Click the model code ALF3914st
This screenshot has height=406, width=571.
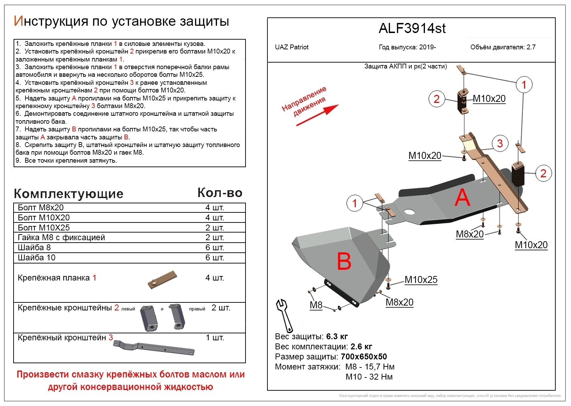click(x=412, y=29)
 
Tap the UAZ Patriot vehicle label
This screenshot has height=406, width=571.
click(x=291, y=47)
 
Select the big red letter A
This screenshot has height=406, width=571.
click(x=462, y=198)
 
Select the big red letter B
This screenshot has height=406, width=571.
click(x=344, y=261)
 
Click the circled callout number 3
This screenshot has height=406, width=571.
click(x=500, y=143)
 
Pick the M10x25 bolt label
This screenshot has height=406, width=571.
click(x=421, y=280)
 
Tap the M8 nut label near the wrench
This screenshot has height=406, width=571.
click(x=316, y=305)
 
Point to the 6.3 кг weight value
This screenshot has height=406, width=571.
click(x=337, y=336)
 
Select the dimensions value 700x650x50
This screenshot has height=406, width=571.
click(x=364, y=357)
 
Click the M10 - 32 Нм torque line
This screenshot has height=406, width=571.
click(x=369, y=377)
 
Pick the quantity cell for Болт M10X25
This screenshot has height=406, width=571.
click(x=215, y=228)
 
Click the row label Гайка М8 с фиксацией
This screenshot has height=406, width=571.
click(x=61, y=237)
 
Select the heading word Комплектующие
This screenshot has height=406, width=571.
click(x=69, y=194)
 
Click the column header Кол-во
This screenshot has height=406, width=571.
click(x=220, y=193)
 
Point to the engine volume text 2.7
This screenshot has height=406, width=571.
click(x=531, y=47)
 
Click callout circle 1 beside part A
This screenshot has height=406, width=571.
click(x=354, y=203)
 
